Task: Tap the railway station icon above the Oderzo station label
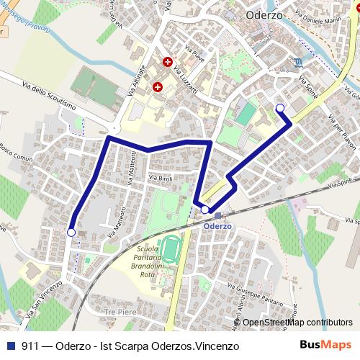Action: [x=217, y=215]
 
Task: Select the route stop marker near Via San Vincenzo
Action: [x=71, y=233]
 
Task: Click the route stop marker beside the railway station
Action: [x=205, y=210]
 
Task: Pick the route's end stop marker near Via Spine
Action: [x=280, y=108]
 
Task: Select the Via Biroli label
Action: [x=160, y=177]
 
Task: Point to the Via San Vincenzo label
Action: [x=45, y=300]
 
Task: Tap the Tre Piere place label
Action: [x=120, y=311]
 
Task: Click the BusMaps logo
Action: [x=326, y=346]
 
